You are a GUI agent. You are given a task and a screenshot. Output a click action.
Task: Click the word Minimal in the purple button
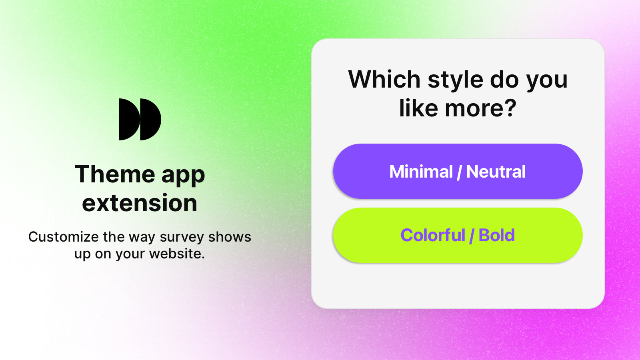pos(421,172)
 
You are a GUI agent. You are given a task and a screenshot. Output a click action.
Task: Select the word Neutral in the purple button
pos(496,172)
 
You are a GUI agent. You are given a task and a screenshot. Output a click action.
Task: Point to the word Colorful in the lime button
pos(432,235)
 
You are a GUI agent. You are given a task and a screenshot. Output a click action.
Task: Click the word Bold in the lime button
pos(496,235)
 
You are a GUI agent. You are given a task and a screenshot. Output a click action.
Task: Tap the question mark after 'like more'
pos(509,108)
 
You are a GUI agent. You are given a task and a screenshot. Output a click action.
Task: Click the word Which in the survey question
pos(384,79)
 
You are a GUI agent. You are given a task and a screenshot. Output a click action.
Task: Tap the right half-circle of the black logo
pos(150,119)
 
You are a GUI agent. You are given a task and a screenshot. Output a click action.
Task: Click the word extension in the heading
pos(140,203)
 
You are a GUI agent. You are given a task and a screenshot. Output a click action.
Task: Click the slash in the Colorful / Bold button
pos(472,236)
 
